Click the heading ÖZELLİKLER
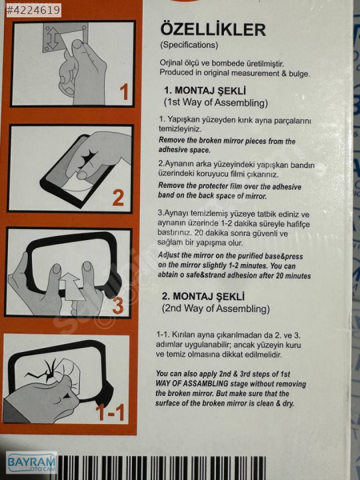point(213,30)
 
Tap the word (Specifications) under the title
point(189,45)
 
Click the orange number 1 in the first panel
point(124,92)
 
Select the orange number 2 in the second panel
point(118,198)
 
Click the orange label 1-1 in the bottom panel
point(110,412)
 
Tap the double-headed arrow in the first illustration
point(53,37)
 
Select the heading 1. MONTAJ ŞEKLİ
point(205,91)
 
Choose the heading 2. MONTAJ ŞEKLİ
point(203,296)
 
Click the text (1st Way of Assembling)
point(216,103)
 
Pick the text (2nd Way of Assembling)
point(216,308)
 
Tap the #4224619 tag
point(33,10)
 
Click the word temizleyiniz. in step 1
point(180,129)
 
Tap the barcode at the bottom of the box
point(161,467)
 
